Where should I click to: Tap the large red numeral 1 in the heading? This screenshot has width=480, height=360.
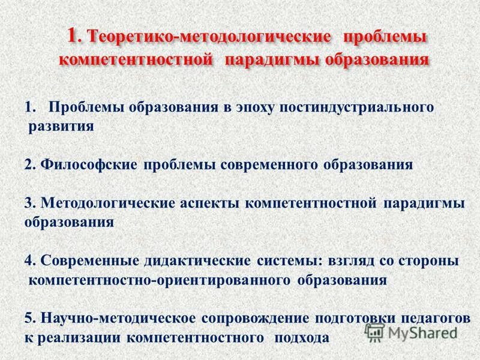pyautogui.click(x=73, y=35)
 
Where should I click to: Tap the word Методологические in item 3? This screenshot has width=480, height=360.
pyautogui.click(x=108, y=203)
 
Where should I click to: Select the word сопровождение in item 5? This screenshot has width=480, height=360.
pyautogui.click(x=251, y=318)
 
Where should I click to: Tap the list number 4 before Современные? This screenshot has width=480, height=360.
pyautogui.click(x=28, y=261)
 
